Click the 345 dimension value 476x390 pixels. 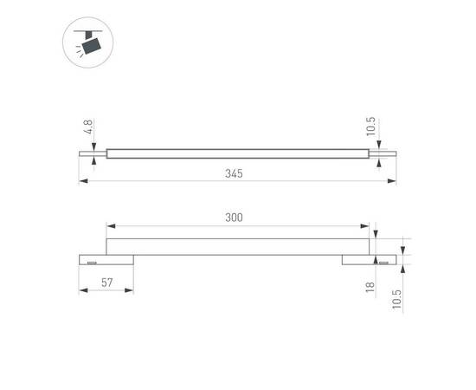233,173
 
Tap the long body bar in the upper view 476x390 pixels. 238,155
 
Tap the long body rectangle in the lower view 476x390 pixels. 238,246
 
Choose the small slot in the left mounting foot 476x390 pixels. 90,260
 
